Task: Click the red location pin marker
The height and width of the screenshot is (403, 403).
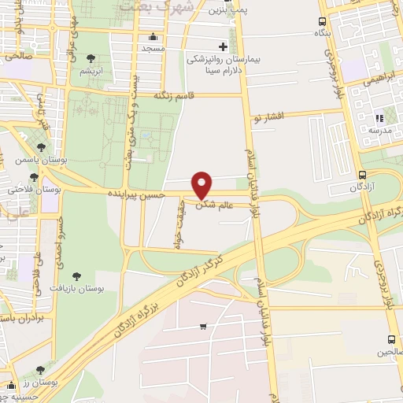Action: point(203,184)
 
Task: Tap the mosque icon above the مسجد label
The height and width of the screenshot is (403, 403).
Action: point(153,36)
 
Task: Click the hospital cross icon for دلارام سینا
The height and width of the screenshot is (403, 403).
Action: point(223,46)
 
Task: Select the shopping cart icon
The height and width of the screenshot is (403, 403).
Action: point(203,327)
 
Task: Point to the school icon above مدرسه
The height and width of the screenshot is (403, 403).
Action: point(379,118)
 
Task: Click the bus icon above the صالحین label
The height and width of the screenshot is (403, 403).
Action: point(391,340)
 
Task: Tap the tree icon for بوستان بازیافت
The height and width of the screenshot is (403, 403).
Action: point(76,275)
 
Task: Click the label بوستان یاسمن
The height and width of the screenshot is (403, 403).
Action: point(68,159)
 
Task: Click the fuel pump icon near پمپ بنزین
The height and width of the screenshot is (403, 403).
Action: point(228,2)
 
